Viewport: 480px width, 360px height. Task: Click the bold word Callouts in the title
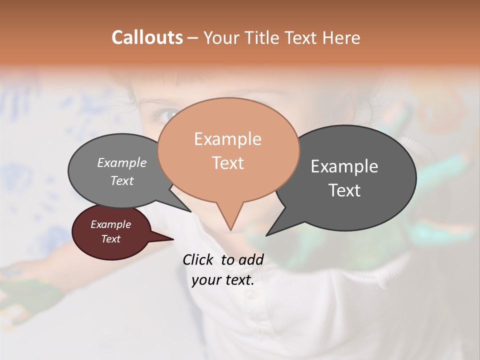147,37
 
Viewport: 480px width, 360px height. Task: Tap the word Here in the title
341,37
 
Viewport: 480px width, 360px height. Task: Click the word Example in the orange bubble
227,139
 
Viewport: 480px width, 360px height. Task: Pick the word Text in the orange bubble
227,163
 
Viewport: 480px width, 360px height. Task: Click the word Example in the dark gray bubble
344,166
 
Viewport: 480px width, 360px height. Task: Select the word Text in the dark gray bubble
345,190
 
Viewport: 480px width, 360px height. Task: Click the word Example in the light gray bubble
121,163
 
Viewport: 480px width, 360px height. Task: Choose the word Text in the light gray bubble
121,181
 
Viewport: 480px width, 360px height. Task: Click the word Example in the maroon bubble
110,225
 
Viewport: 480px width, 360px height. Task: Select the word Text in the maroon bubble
110,239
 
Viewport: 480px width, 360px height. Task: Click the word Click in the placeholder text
198,260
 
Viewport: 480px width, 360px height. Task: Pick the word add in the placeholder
250,260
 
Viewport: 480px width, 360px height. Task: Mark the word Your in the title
221,37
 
